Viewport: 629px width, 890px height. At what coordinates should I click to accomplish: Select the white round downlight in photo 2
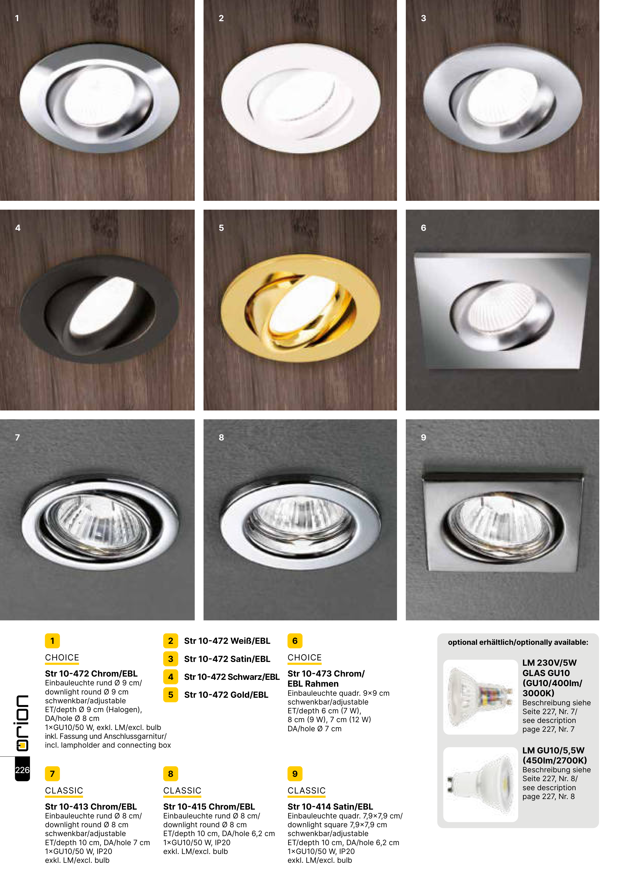coord(300,99)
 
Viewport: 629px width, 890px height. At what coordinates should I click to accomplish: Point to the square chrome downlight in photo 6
coord(502,310)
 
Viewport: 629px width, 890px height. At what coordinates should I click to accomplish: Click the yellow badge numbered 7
coord(52,774)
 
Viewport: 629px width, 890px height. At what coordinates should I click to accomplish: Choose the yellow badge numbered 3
coord(171,659)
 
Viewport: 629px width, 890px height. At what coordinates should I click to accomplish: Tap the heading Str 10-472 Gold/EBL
coord(226,695)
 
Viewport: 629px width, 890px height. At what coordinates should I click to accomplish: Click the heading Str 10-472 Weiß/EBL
coord(227,641)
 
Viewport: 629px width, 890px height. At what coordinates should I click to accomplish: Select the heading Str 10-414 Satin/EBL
coord(330,807)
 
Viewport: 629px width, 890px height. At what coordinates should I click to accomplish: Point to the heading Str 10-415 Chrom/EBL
coord(209,807)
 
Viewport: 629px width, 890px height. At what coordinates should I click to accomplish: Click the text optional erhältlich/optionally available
coord(518,642)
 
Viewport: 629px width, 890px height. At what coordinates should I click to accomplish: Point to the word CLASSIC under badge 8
coord(182,790)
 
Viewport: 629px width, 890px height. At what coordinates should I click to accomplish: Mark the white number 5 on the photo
coord(221,228)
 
